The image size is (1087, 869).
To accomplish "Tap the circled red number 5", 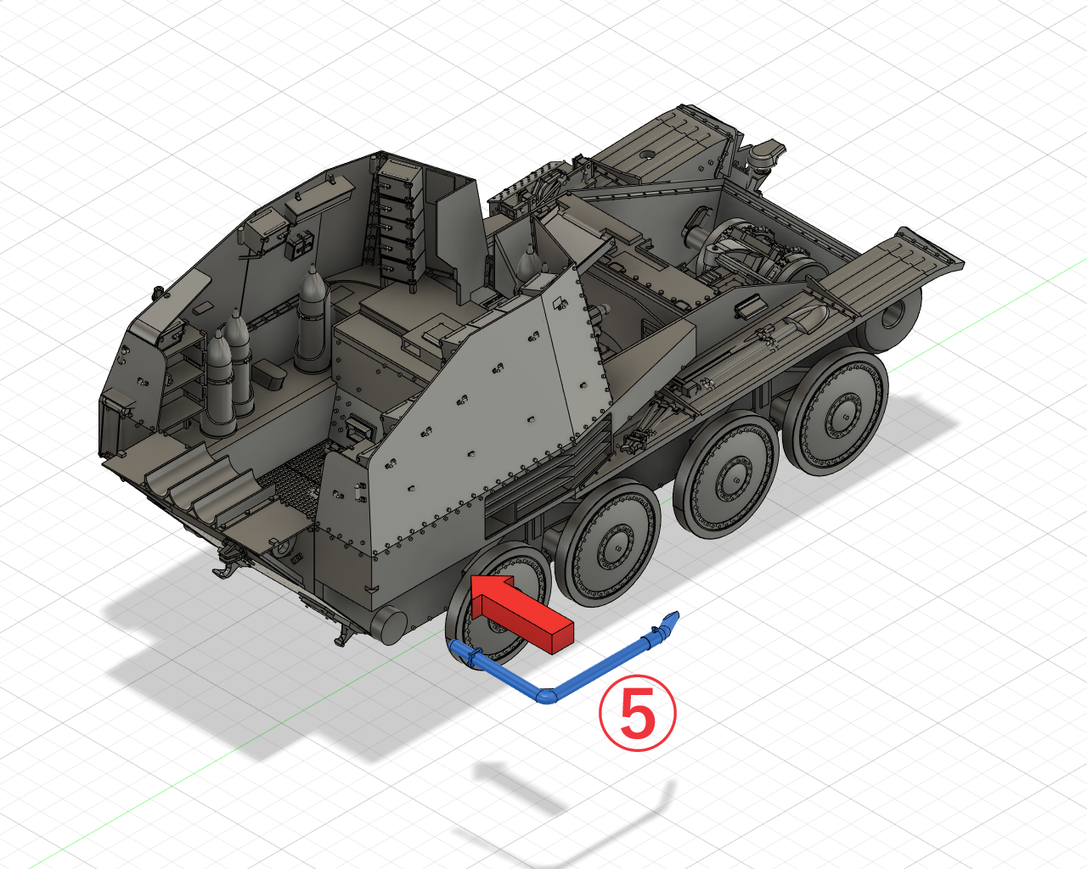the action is pyautogui.click(x=637, y=713).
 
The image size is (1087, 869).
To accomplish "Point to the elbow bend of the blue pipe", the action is pyautogui.click(x=546, y=697).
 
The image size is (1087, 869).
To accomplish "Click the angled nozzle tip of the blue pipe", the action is pyautogui.click(x=672, y=618).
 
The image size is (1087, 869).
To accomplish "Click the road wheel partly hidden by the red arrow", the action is pyautogui.click(x=498, y=606).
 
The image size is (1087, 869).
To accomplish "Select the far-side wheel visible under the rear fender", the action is pyautogui.click(x=890, y=317).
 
